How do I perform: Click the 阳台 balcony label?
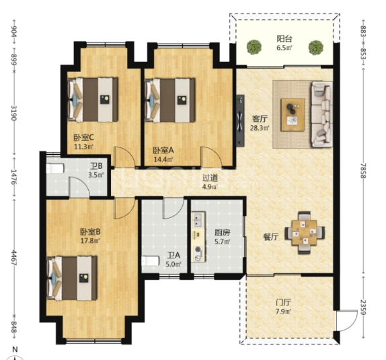(284, 38)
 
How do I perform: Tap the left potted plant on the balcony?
(254, 47)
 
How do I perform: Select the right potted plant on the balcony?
(316, 47)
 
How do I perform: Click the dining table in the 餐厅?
(304, 232)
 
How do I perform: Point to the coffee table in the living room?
(293, 115)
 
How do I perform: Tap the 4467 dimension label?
(14, 258)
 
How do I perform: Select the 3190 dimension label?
(14, 113)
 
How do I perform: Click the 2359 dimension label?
(363, 307)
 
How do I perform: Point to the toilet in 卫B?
(55, 168)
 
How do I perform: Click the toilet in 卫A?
(151, 261)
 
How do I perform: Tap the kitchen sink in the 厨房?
(198, 220)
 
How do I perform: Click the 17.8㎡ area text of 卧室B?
(90, 241)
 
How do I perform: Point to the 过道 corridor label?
(210, 178)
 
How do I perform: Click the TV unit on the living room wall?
(240, 120)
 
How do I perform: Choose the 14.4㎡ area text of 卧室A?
(163, 159)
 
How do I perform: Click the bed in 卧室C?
(93, 100)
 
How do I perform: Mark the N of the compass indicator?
(15, 349)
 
